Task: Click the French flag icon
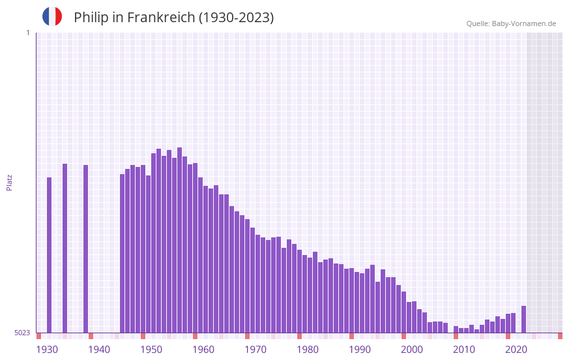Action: click(x=52, y=16)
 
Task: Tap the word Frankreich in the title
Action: click(x=160, y=18)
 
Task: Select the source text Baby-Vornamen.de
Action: click(x=524, y=23)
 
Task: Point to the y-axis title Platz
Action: click(x=9, y=182)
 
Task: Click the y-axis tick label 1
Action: click(x=27, y=33)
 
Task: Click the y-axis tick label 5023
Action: click(x=22, y=333)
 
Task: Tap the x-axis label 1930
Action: click(x=47, y=350)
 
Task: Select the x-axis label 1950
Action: click(x=151, y=350)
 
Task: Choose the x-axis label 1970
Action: click(x=255, y=350)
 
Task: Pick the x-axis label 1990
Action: click(x=360, y=350)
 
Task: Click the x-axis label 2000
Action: click(x=412, y=350)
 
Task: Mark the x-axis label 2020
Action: click(x=516, y=350)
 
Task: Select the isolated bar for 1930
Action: click(x=49, y=254)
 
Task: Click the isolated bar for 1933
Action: click(x=65, y=248)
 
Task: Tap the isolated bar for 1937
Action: click(x=85, y=248)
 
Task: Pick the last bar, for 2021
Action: click(x=523, y=320)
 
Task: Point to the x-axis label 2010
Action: click(x=464, y=350)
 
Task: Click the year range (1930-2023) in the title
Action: click(x=236, y=18)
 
